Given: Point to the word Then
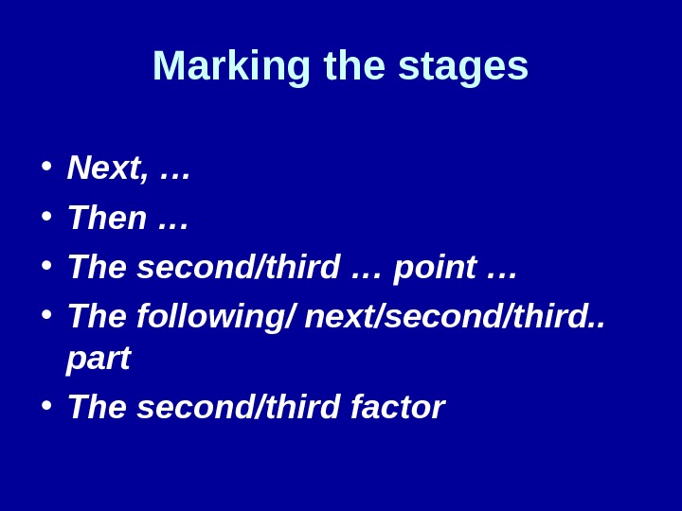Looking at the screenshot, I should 107,218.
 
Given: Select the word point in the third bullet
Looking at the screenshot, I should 435,268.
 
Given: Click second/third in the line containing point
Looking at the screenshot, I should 239,267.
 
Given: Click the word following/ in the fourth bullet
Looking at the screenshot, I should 216,316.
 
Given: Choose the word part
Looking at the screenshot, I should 99,359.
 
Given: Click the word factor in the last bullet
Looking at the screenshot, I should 398,407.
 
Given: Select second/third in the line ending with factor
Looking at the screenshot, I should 239,407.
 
